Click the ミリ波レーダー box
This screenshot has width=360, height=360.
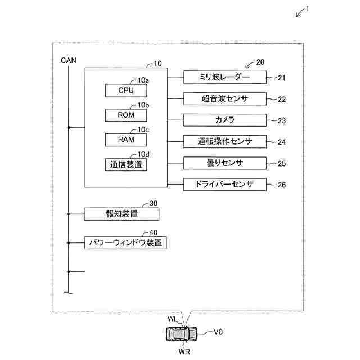click(225, 76)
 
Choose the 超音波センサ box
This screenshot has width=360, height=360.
click(225, 98)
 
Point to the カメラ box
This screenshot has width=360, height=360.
click(225, 120)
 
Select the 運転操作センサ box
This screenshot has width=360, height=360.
click(225, 141)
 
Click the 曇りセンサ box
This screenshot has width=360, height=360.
click(225, 163)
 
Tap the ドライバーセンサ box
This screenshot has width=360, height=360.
click(225, 184)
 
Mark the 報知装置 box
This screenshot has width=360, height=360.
click(121, 214)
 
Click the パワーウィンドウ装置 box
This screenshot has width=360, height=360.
click(126, 243)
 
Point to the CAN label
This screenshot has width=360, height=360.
click(69, 59)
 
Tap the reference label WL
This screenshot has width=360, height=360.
click(172, 319)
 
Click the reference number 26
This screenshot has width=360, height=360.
click(282, 184)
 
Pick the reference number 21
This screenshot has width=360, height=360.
click(281, 78)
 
